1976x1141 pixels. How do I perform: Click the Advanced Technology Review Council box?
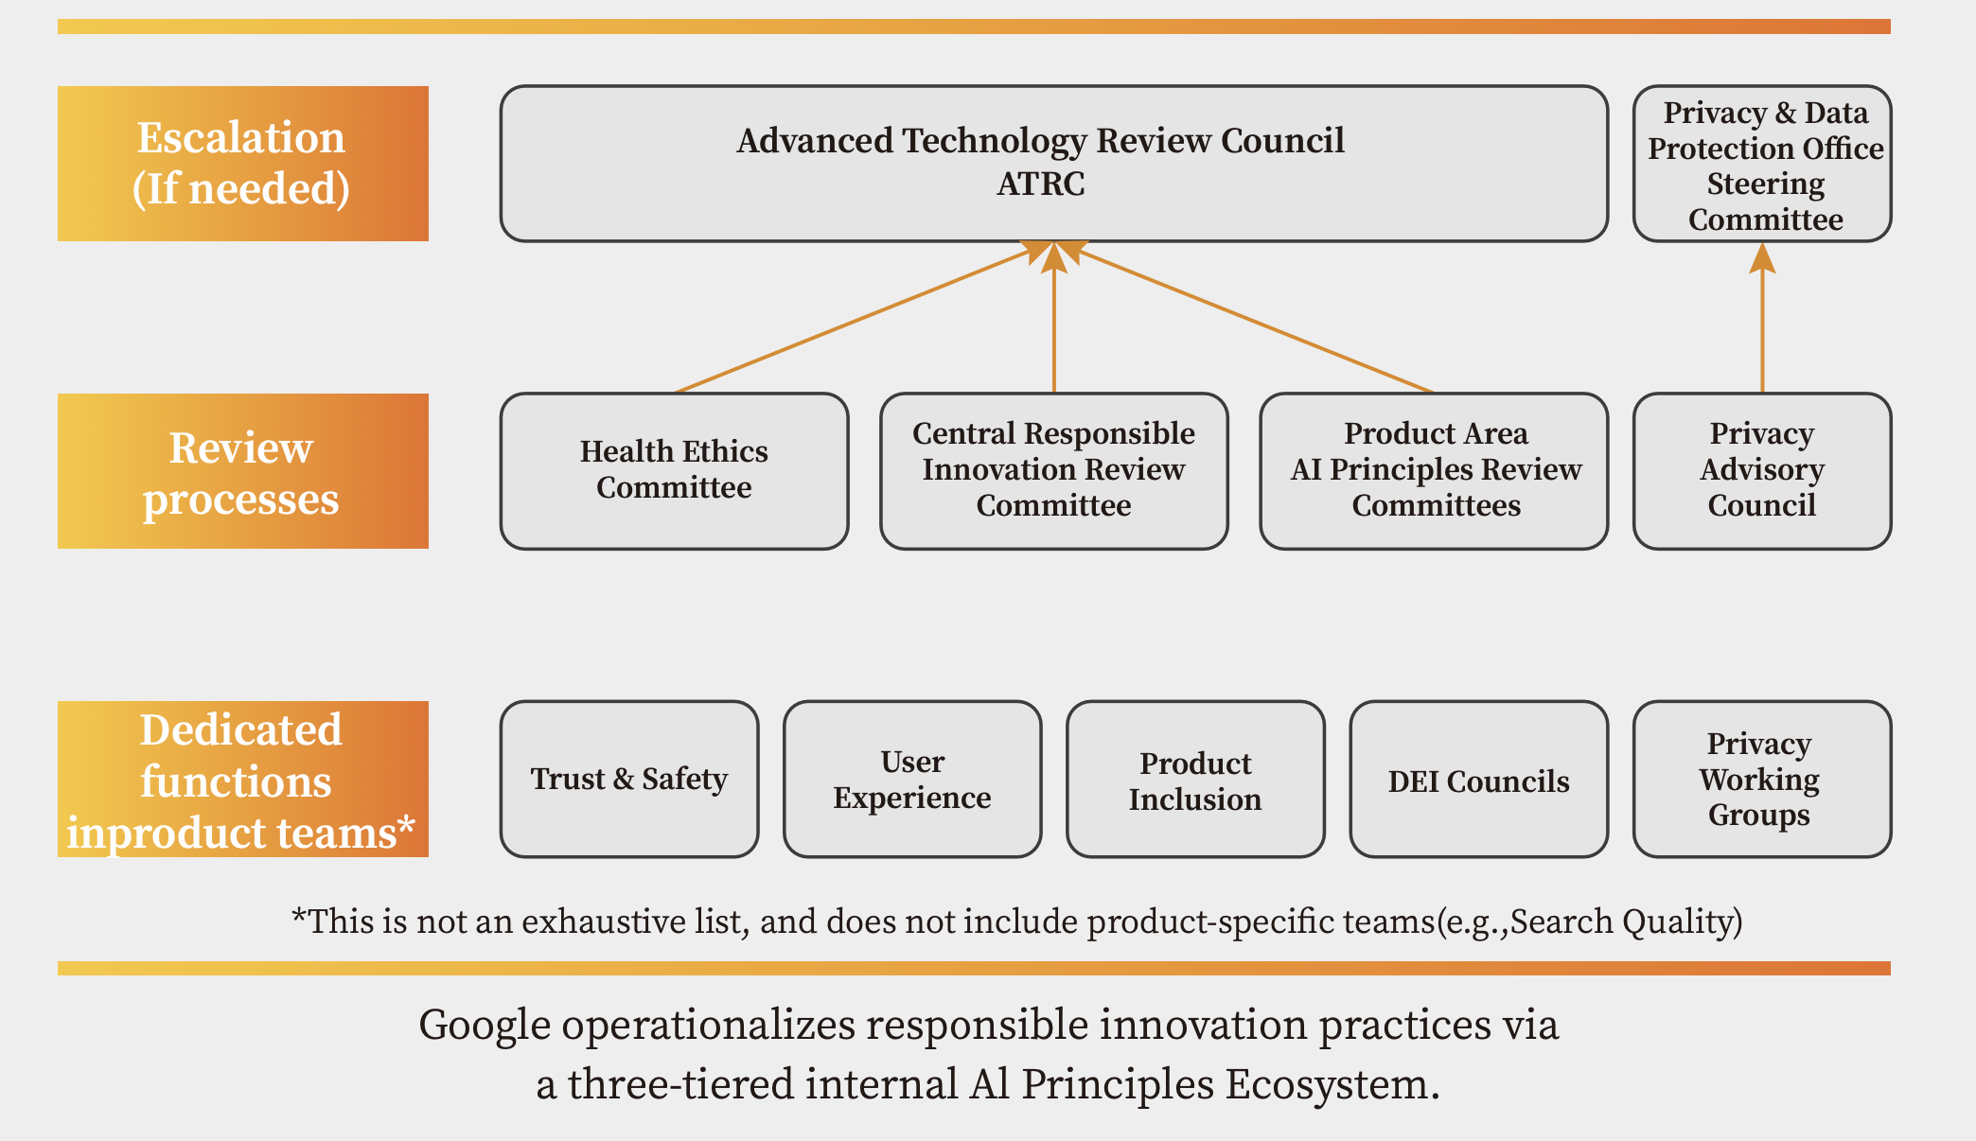tap(1054, 164)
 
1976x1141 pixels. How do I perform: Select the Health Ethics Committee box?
tap(674, 471)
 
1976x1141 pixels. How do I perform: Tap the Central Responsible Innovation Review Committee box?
tap(1054, 471)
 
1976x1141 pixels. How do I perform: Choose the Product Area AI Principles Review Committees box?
tap(1435, 471)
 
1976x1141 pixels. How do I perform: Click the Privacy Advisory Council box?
tap(1762, 471)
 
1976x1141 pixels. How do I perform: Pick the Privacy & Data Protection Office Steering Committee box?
tap(1762, 164)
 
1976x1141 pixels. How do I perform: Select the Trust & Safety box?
tap(629, 780)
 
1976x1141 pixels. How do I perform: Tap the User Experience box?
tap(912, 780)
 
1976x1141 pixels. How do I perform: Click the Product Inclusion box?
tap(1195, 780)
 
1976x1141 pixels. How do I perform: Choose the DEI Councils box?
tap(1479, 780)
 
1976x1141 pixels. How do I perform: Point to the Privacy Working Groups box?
tap(1762, 780)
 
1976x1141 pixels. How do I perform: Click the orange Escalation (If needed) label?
tap(243, 164)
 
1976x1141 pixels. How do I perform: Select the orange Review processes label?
tap(243, 471)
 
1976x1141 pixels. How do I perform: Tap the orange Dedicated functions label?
tap(243, 780)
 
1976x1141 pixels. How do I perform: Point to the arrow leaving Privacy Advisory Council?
tap(1762, 318)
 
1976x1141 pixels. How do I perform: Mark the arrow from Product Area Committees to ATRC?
tap(1249, 318)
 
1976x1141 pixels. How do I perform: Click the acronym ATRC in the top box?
tap(1041, 184)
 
